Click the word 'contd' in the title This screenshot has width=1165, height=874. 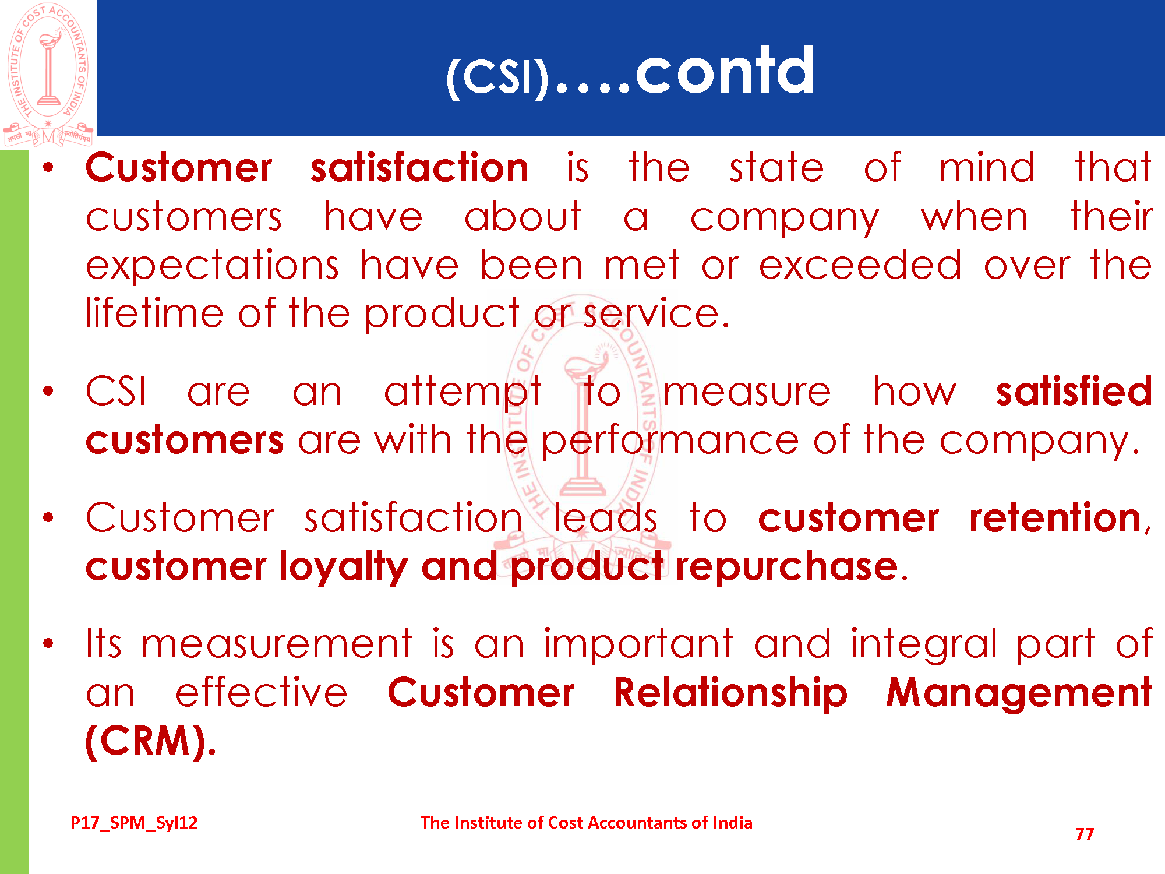click(x=725, y=71)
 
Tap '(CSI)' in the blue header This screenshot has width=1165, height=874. click(x=498, y=77)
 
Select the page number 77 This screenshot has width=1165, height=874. click(x=1085, y=834)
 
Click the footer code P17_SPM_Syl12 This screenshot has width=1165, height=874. click(x=134, y=823)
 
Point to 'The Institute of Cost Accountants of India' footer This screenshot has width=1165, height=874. click(x=587, y=822)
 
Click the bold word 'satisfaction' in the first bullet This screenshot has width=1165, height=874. click(x=419, y=168)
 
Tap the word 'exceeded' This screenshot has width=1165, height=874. click(x=860, y=265)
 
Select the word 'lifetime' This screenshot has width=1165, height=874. click(x=154, y=313)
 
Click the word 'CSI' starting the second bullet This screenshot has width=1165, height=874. click(x=116, y=391)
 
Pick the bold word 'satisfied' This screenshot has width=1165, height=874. click(x=1074, y=391)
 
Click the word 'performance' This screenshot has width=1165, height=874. click(x=670, y=441)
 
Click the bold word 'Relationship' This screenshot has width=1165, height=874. click(x=731, y=694)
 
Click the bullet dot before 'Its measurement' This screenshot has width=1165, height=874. click(x=48, y=644)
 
